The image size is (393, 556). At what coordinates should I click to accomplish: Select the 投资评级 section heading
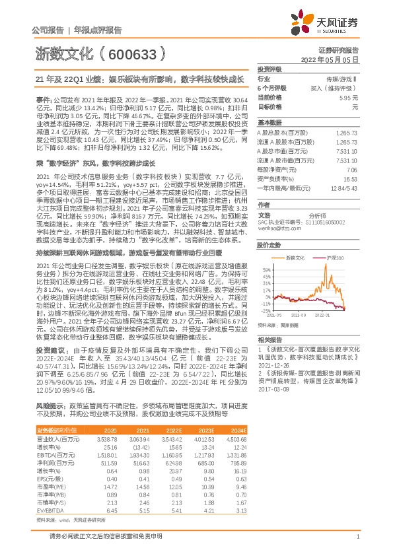pyautogui.click(x=269, y=69)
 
